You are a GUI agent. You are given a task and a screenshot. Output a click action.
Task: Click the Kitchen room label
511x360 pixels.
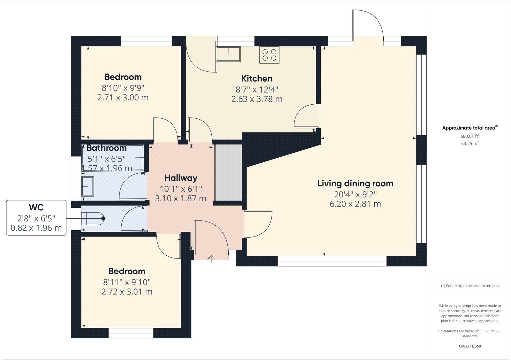click(x=257, y=79)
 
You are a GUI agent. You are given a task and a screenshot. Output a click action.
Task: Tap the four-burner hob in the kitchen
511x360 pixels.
click(x=269, y=55)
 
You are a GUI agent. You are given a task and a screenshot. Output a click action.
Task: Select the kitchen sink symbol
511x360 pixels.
click(x=228, y=53)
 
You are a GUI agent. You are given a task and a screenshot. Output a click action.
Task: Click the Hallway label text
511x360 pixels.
click(x=181, y=178)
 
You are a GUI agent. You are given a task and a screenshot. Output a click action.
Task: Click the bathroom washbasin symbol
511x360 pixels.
click(x=88, y=186)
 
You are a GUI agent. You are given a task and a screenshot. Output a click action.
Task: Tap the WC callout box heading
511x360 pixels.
click(x=36, y=207)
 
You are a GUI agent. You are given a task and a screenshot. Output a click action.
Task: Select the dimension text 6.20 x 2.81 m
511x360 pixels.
click(x=355, y=204)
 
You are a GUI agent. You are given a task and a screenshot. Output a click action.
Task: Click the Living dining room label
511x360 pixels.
click(x=355, y=184)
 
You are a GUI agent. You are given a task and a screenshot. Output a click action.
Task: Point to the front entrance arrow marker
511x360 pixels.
click(x=211, y=258)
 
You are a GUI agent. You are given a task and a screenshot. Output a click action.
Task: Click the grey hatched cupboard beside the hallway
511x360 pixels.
click(x=228, y=172)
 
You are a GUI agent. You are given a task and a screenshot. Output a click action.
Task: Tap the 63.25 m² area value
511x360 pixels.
click(x=469, y=144)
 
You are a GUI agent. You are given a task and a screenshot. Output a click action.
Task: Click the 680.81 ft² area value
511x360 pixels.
click(x=469, y=136)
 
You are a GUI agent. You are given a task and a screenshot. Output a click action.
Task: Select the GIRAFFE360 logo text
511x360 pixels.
click(x=469, y=346)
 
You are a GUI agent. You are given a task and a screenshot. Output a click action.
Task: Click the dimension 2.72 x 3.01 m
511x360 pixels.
click(x=127, y=292)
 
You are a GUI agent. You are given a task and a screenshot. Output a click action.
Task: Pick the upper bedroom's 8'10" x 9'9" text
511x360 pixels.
click(x=123, y=88)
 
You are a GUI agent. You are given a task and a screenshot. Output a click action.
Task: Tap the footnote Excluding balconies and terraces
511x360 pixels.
click(x=469, y=286)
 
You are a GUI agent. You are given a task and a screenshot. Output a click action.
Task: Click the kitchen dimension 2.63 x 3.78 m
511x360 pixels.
click(x=257, y=99)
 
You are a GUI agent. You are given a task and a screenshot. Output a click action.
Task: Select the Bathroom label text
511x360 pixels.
click(x=106, y=148)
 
